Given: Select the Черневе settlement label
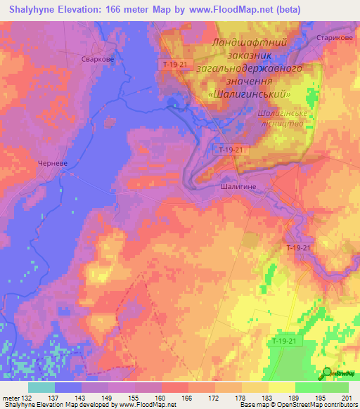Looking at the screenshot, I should click(51, 162).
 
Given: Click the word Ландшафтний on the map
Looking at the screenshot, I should click(249, 43).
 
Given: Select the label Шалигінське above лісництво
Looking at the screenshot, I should click(281, 112).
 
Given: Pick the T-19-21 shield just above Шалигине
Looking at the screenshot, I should click(231, 150).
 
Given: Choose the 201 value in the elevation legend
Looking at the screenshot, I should click(345, 397).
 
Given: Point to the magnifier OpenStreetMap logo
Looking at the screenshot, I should click(326, 372).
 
